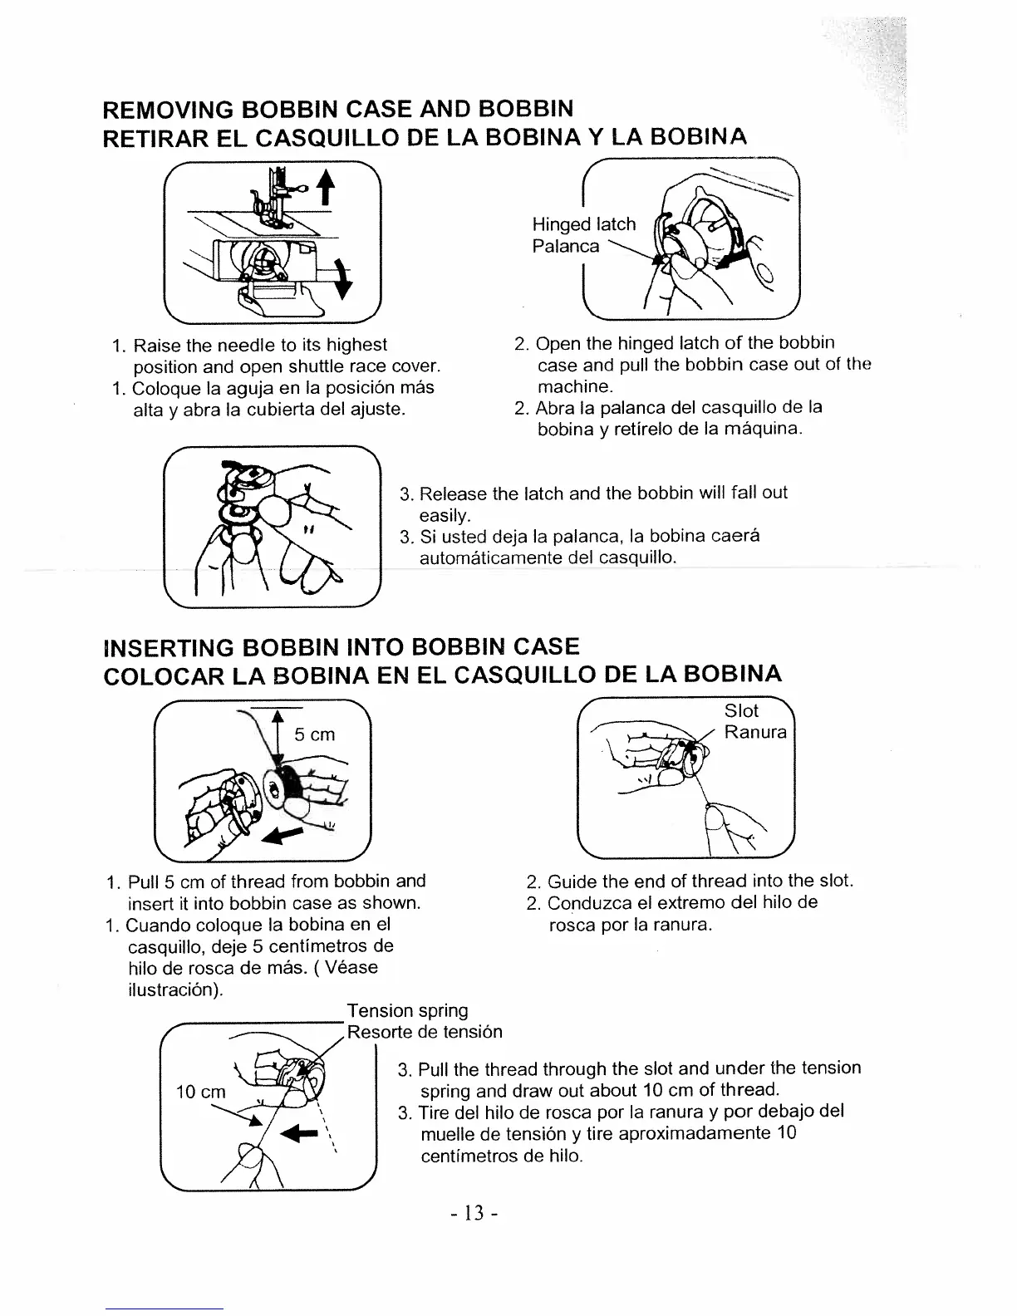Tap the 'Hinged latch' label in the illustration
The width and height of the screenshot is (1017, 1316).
pyautogui.click(x=583, y=224)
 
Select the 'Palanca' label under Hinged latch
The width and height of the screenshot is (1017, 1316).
pyautogui.click(x=565, y=246)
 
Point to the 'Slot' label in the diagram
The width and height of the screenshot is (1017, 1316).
pyautogui.click(x=741, y=710)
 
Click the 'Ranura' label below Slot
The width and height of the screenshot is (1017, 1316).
pyautogui.click(x=754, y=732)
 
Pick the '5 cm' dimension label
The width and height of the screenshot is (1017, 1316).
pyautogui.click(x=315, y=734)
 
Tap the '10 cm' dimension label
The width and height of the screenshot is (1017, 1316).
pyautogui.click(x=200, y=1092)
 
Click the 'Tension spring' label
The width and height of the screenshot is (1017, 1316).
pyautogui.click(x=407, y=1010)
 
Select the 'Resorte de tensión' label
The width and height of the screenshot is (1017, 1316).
pyautogui.click(x=425, y=1032)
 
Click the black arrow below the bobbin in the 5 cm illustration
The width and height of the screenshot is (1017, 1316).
pyautogui.click(x=281, y=833)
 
